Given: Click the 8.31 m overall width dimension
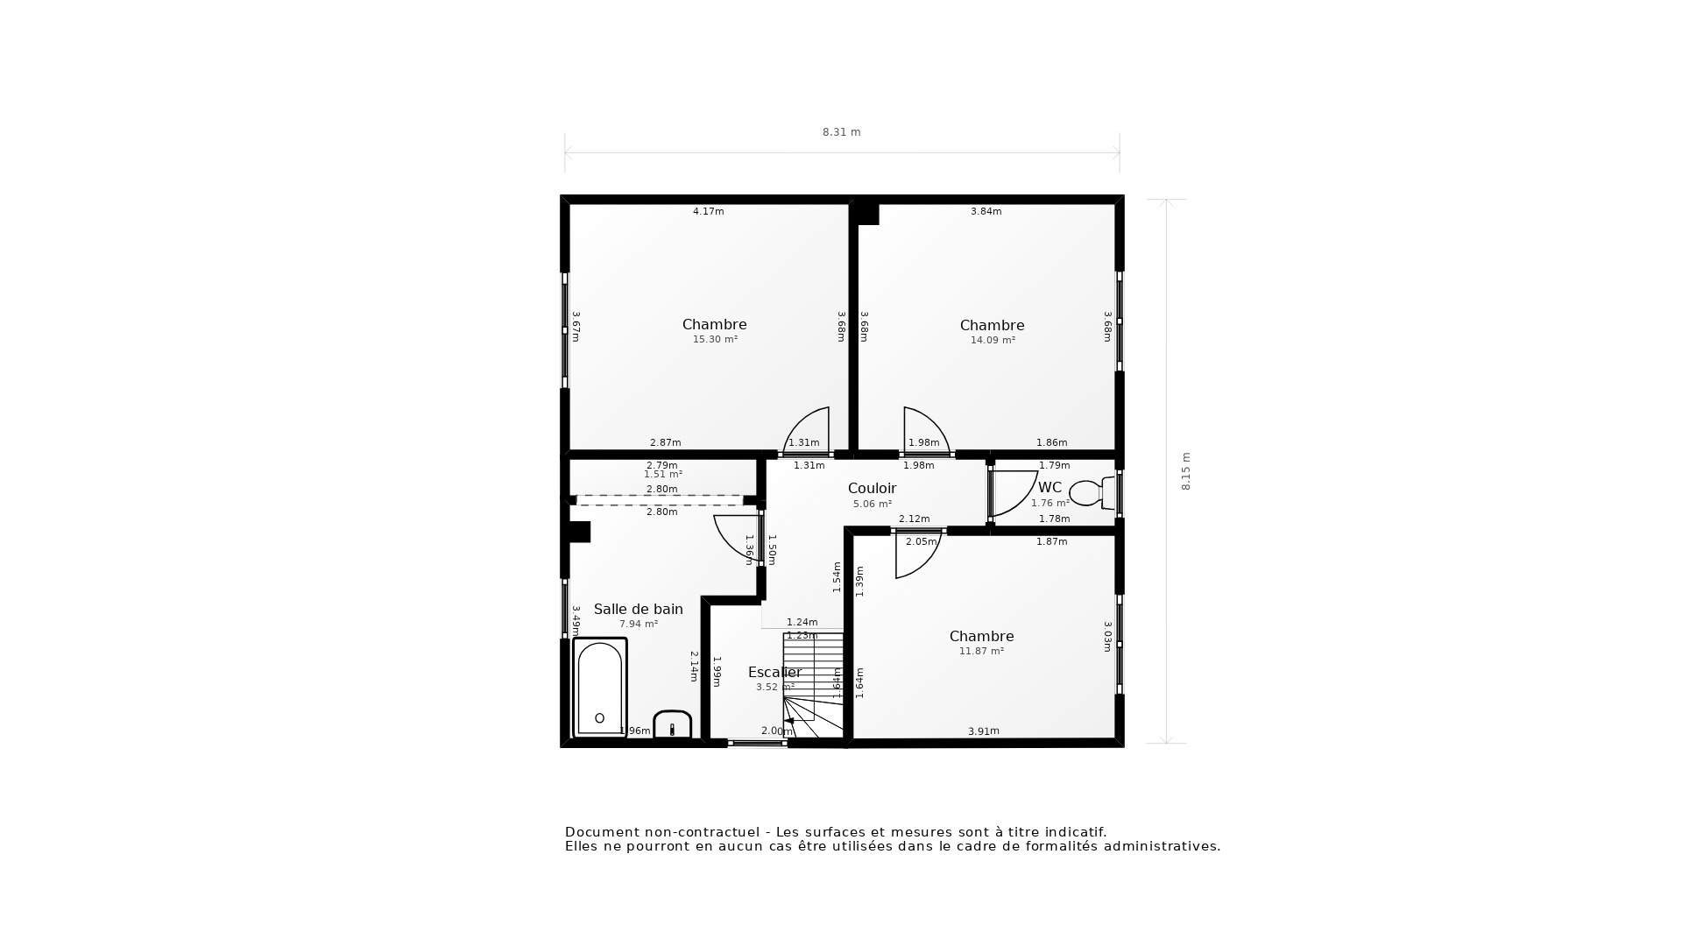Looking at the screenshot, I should (x=841, y=132).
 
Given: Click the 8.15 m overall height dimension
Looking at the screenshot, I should (x=1186, y=471).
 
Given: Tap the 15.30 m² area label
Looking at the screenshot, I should (x=715, y=340).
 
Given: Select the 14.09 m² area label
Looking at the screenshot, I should (x=992, y=341).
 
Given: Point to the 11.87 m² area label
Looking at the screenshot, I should (x=981, y=652).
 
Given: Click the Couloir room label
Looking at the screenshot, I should (x=872, y=489).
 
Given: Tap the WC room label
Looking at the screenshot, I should (x=1049, y=488).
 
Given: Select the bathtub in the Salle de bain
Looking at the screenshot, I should (x=600, y=688).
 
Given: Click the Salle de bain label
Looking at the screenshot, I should (x=638, y=610).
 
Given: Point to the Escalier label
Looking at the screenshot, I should (x=774, y=673).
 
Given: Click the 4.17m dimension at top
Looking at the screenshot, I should (x=708, y=211).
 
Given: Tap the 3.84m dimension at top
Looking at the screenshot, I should (x=986, y=211).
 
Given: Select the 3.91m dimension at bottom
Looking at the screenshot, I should (x=983, y=731).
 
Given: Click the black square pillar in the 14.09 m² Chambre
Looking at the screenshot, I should (x=867, y=215).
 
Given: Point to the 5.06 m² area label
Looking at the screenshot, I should (x=872, y=505).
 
